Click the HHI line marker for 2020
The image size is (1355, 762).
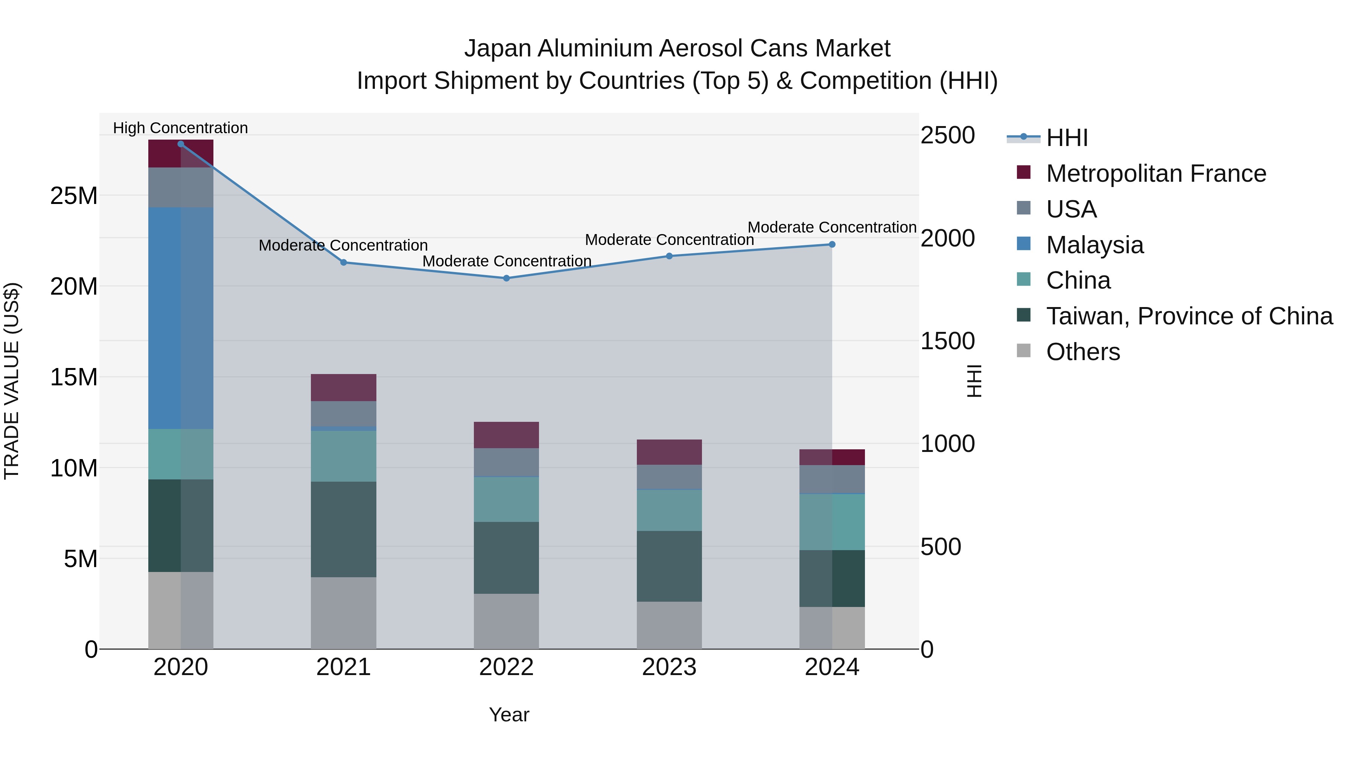(x=181, y=144)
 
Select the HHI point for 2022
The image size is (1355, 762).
(x=507, y=278)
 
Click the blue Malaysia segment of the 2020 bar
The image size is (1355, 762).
(x=181, y=318)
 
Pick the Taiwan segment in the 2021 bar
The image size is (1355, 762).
(x=344, y=529)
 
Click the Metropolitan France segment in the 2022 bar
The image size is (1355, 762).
(x=507, y=435)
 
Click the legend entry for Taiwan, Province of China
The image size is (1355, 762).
(x=1189, y=316)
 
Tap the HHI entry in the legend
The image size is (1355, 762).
(x=1067, y=138)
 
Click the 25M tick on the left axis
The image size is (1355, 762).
(x=74, y=196)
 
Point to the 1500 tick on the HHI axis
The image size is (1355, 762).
(x=947, y=341)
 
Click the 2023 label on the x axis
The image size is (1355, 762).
(x=669, y=667)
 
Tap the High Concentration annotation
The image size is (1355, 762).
(x=180, y=128)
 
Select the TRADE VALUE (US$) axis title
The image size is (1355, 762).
(x=12, y=381)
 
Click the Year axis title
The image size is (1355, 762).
(x=509, y=715)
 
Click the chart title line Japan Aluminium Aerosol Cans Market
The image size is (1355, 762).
(x=677, y=49)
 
